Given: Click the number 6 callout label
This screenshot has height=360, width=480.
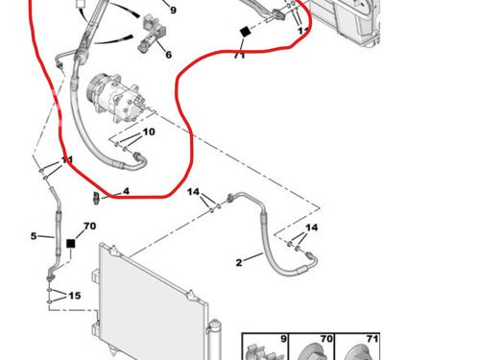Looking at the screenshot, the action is click(169, 55).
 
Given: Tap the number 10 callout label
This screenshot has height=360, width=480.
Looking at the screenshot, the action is click(149, 132).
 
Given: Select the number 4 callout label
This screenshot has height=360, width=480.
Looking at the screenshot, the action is click(126, 191).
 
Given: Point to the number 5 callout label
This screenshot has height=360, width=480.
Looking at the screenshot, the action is click(34, 236).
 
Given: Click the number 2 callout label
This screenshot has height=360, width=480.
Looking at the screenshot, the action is click(239, 263).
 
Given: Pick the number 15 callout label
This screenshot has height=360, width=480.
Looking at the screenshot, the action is click(75, 296).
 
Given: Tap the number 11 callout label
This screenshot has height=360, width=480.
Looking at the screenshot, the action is click(67, 159).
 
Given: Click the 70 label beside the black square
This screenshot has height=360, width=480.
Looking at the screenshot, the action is click(89, 226).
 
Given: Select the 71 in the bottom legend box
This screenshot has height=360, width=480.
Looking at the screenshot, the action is click(372, 339).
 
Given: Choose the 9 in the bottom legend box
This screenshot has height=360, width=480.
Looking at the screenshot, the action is click(283, 339).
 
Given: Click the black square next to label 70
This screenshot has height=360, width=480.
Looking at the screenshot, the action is click(70, 244).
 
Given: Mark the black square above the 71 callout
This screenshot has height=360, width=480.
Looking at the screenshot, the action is click(245, 32).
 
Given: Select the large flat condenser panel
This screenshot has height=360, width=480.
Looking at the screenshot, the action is click(151, 304).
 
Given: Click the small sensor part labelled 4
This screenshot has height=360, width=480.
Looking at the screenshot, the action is click(96, 198).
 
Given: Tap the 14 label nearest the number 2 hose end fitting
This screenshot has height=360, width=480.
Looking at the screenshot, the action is click(311, 228).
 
